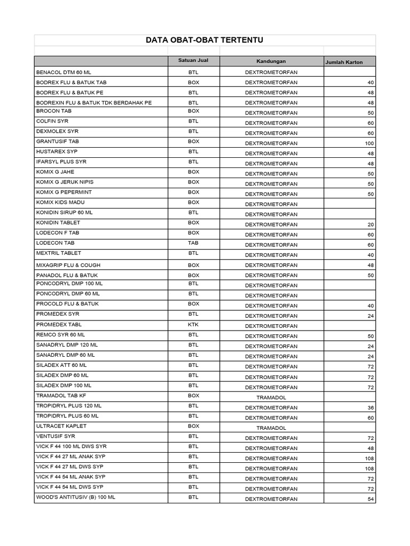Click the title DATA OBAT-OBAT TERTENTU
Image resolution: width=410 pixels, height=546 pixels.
click(205, 41)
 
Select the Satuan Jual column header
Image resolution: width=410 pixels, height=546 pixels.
click(193, 60)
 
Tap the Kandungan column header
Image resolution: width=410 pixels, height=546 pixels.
click(271, 61)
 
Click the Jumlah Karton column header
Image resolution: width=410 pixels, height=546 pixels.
click(344, 62)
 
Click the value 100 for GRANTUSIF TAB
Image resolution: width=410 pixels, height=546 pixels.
click(369, 143)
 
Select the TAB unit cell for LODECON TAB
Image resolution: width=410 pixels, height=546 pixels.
click(193, 243)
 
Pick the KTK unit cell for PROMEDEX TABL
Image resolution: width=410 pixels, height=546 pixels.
click(193, 324)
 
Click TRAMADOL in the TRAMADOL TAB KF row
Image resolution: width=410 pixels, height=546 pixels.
click(271, 398)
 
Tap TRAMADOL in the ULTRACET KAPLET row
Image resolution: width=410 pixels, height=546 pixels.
click(271, 428)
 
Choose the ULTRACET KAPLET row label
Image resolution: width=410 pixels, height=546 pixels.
click(61, 426)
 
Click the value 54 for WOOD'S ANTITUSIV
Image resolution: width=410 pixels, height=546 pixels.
click(371, 499)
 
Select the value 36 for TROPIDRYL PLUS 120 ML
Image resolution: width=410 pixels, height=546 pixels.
click(371, 408)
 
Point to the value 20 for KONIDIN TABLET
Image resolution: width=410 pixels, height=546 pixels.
click(371, 224)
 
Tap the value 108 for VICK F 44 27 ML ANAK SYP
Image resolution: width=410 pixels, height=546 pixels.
click(369, 459)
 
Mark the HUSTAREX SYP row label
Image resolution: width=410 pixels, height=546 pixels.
click(57, 151)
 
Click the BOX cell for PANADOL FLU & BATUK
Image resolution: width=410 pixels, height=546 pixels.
click(193, 275)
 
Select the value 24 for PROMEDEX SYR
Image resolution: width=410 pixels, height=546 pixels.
click(371, 316)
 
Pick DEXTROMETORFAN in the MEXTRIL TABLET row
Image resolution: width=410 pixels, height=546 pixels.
click(271, 255)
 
